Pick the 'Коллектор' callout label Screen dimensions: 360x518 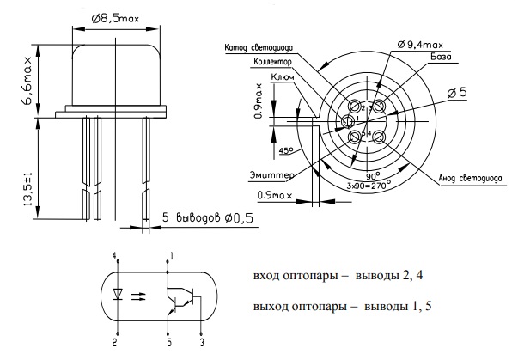[x=273, y=63]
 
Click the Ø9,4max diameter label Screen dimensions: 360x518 [x=424, y=43]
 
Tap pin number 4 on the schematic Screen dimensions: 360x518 [x=115, y=256]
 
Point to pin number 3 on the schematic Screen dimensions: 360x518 [x=203, y=341]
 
